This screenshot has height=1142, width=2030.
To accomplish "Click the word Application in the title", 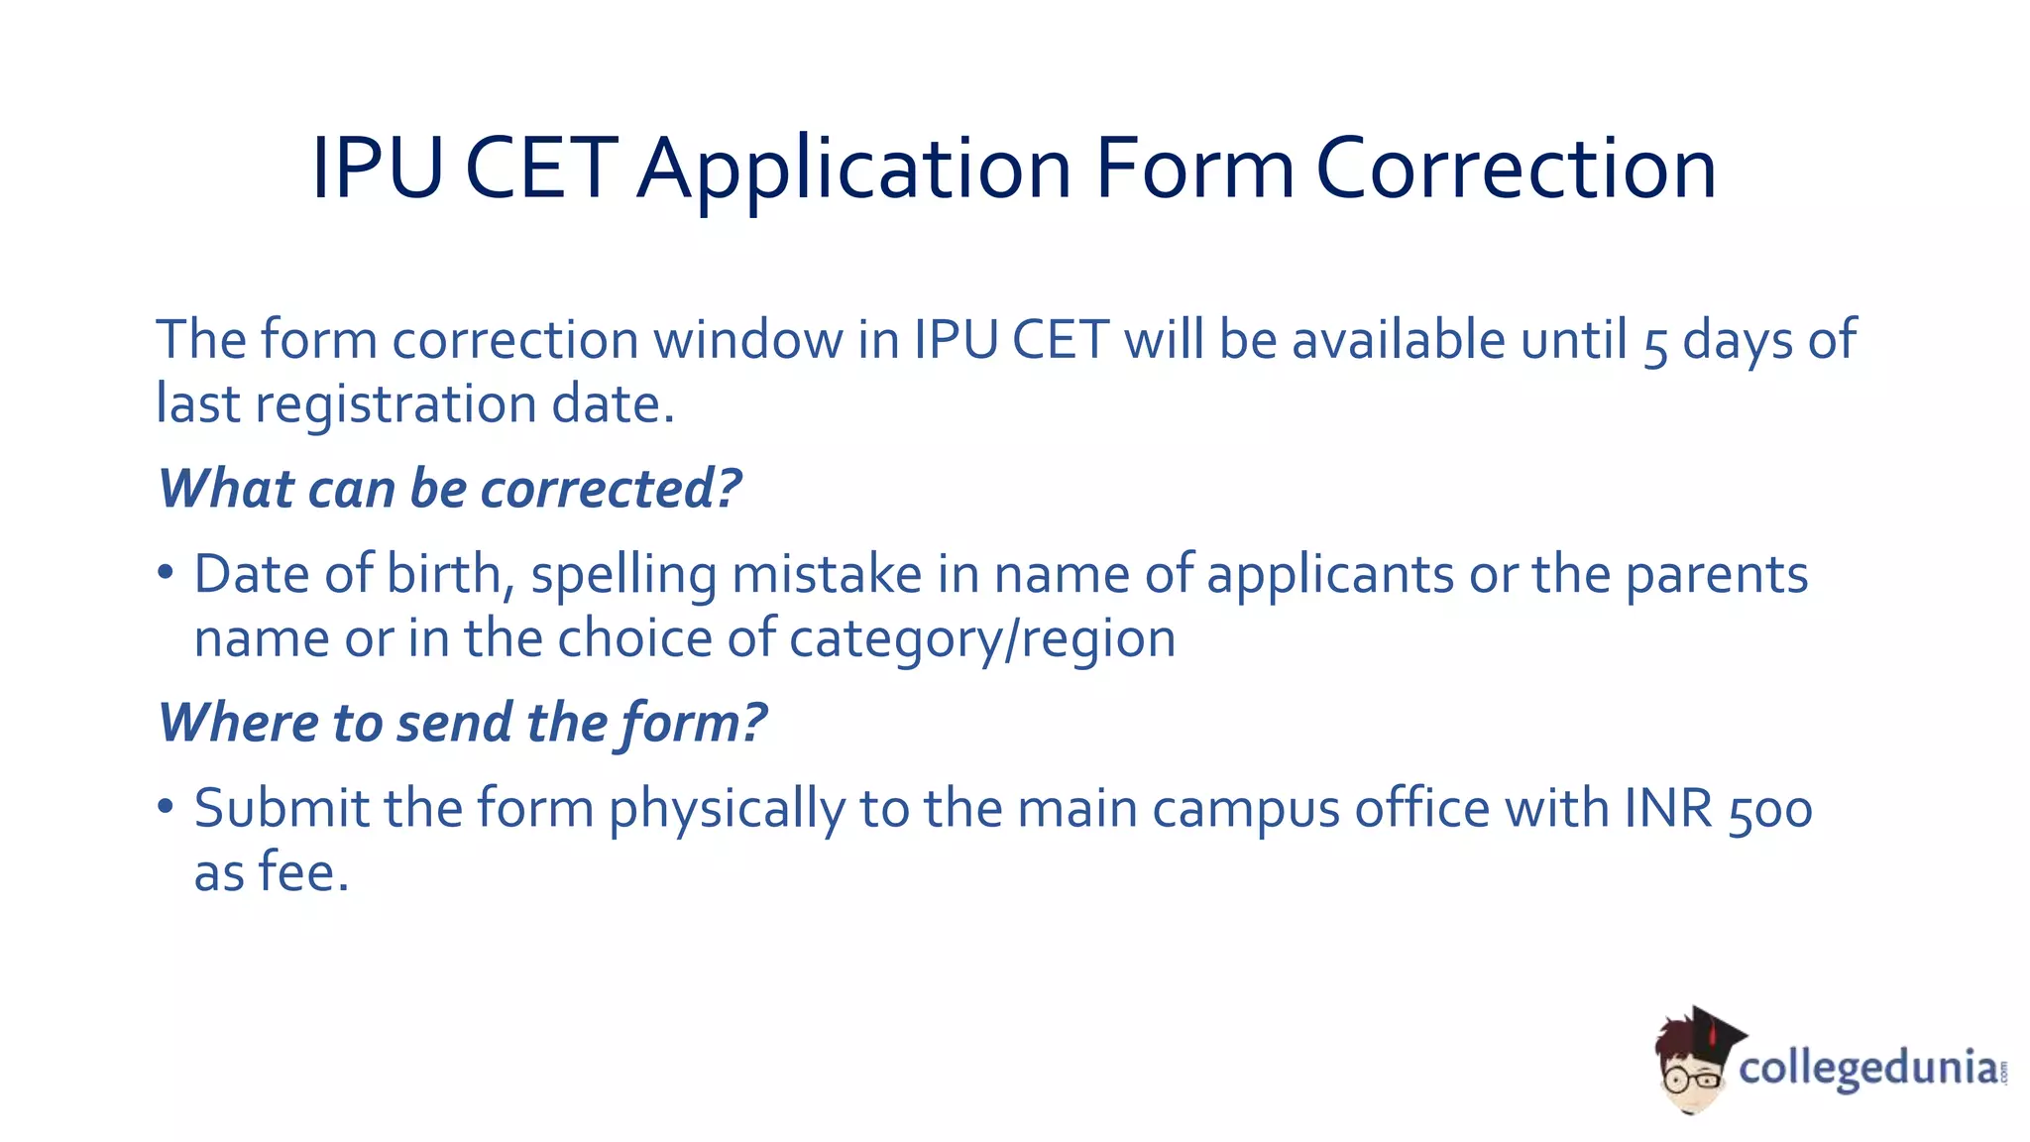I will (854, 171).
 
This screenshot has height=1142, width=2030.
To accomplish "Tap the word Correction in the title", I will (1516, 171).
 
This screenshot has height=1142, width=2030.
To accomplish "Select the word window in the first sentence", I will (747, 340).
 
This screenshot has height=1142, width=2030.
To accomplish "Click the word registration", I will (395, 404).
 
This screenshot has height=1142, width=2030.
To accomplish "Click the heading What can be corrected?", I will (450, 489).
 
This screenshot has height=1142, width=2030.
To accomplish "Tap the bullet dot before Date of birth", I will (166, 573).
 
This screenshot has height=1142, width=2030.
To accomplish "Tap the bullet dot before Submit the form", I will (166, 807).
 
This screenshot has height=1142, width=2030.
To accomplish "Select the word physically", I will (727, 810).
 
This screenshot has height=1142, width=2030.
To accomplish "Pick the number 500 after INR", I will (1770, 810).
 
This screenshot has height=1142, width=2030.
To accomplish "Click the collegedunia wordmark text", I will (1867, 1069).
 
